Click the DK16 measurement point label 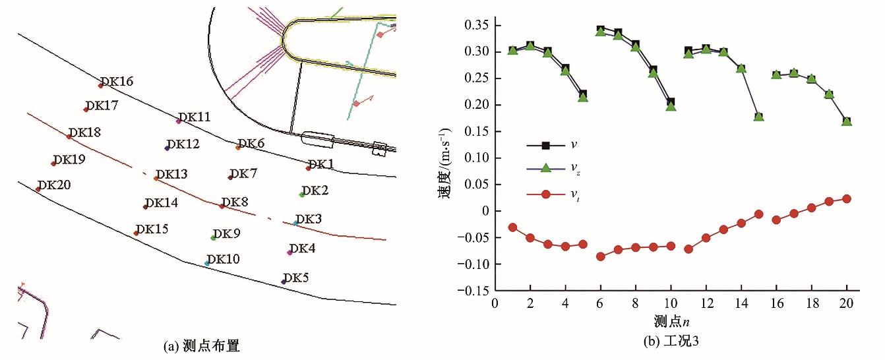(118, 82)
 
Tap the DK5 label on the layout (296, 278)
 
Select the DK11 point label (195, 117)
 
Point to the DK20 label (54, 186)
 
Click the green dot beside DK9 (213, 238)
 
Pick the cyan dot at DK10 (207, 264)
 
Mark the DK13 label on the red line (171, 174)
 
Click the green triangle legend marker (545, 169)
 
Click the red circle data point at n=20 (847, 198)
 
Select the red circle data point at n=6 (600, 256)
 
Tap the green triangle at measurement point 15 (758, 117)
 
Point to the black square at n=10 (671, 102)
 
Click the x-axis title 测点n (671, 323)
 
